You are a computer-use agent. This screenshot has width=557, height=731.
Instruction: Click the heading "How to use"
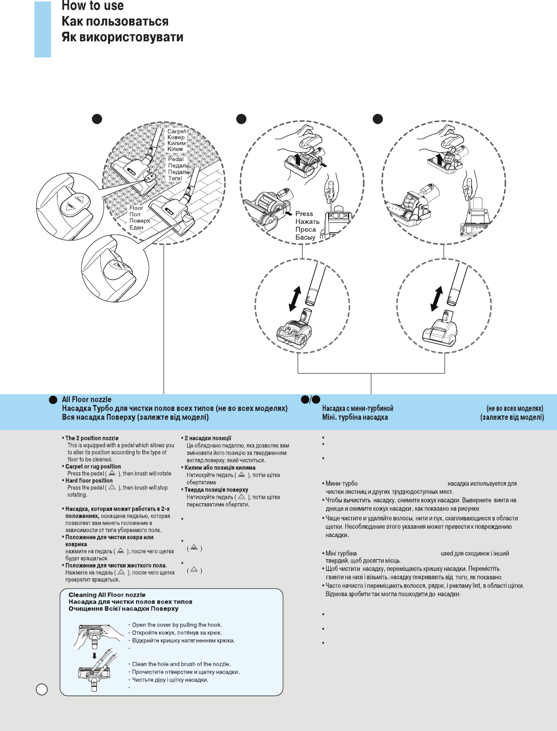(93, 6)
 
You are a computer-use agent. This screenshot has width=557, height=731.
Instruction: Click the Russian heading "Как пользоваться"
(115, 22)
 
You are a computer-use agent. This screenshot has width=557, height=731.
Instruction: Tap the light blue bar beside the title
(43, 29)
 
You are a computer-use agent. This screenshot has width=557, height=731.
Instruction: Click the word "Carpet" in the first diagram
(177, 131)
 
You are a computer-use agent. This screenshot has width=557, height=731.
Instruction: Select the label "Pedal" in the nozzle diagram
(176, 159)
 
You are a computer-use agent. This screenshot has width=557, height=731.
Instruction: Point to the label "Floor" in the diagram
(136, 208)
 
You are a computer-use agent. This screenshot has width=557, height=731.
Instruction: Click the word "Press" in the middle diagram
(304, 214)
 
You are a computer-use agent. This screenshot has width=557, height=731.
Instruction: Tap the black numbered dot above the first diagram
(97, 119)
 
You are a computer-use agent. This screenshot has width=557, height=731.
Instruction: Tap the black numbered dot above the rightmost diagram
(377, 119)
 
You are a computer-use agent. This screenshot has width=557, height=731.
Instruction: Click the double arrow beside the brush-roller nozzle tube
(295, 298)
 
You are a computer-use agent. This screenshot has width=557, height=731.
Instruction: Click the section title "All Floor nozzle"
(86, 400)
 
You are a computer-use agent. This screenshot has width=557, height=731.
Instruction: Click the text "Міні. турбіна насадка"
(355, 417)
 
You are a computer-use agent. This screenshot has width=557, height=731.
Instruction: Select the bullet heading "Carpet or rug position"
(93, 466)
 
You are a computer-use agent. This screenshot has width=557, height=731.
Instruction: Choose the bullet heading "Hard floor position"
(89, 481)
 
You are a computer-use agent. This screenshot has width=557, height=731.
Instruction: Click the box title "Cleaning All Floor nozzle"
(107, 595)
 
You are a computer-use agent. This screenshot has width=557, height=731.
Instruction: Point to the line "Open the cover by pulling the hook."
(177, 625)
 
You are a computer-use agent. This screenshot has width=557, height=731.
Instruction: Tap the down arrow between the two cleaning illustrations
(95, 655)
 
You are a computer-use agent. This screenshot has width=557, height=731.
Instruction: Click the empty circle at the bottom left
(42, 689)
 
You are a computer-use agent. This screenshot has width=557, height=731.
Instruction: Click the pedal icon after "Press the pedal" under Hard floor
(112, 487)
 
